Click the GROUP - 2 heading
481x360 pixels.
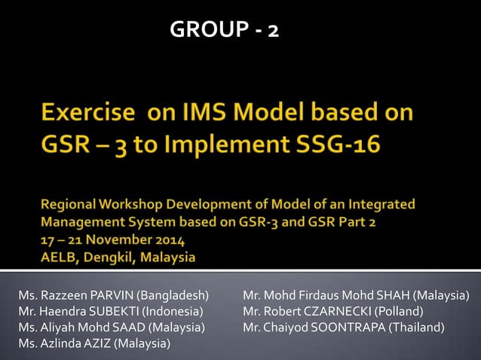click(x=224, y=29)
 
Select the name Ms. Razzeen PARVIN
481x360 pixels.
click(x=78, y=294)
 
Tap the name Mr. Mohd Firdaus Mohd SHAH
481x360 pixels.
click(x=326, y=294)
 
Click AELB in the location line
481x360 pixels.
click(x=57, y=258)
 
